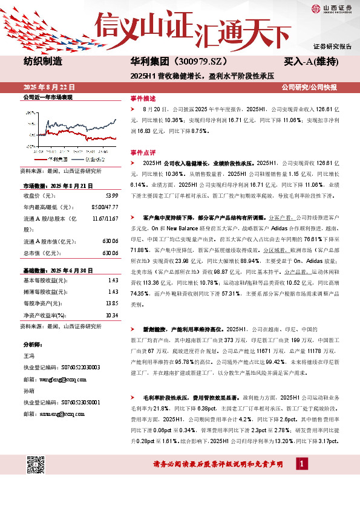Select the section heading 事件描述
(143, 98)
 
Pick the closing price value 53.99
(113, 195)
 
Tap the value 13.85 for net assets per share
(111, 302)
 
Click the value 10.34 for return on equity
(111, 314)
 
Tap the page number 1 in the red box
(301, 464)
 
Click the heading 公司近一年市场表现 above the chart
(48, 97)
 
